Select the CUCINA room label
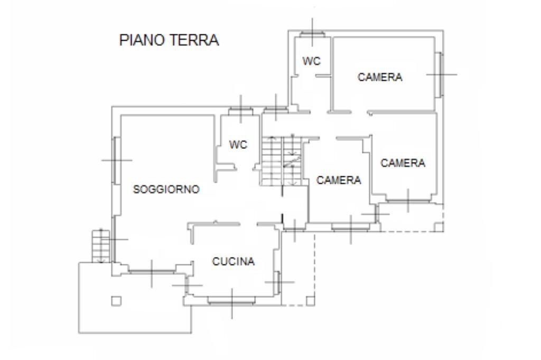pyautogui.click(x=234, y=261)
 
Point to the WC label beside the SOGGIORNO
pyautogui.click(x=238, y=145)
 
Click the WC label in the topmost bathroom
pyautogui.click(x=311, y=62)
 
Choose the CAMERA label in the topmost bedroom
pyautogui.click(x=380, y=77)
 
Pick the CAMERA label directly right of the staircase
pyautogui.click(x=339, y=181)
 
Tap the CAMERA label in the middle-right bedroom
pyautogui.click(x=403, y=163)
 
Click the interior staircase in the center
pyautogui.click(x=280, y=160)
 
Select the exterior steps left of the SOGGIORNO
pyautogui.click(x=99, y=246)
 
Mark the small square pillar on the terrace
pyautogui.click(x=117, y=300)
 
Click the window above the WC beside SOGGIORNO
pyautogui.click(x=240, y=110)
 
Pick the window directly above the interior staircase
pyautogui.click(x=275, y=110)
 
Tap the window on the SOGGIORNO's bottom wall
pyautogui.click(x=152, y=271)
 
